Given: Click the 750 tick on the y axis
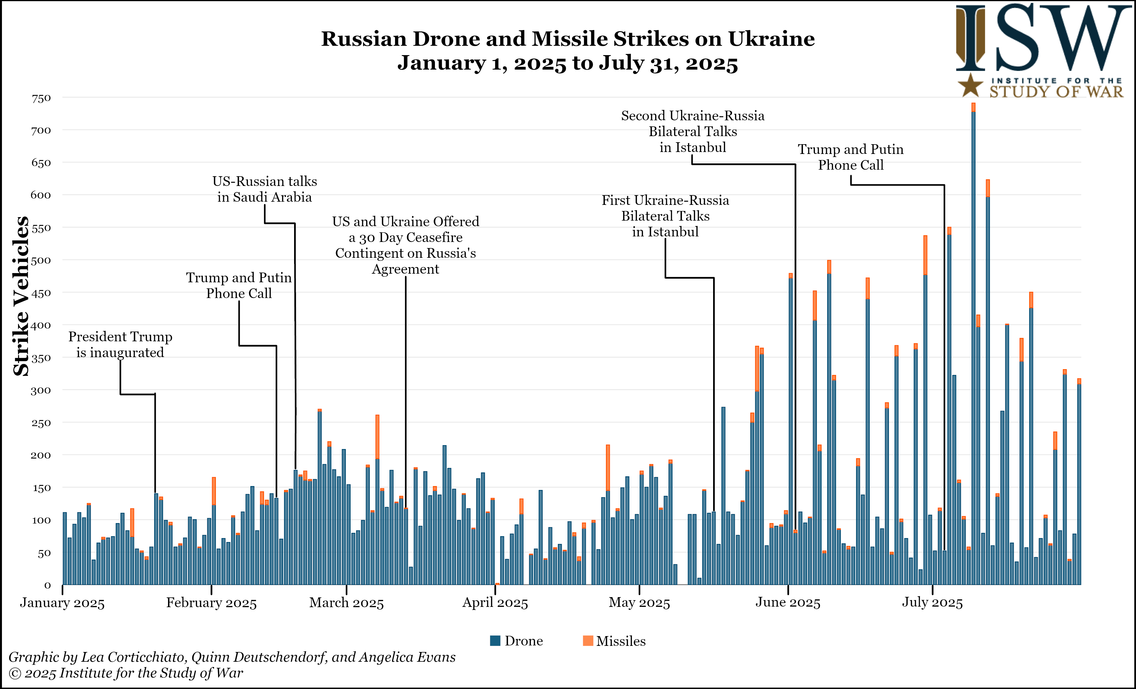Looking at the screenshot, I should (x=41, y=98).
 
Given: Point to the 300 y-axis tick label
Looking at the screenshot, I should (x=41, y=391).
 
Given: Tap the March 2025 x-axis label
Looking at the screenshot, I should (x=346, y=603).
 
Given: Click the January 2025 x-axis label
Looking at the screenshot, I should (x=62, y=603).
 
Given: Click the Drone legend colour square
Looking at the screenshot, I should (x=495, y=641).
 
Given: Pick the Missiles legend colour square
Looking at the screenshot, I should (x=588, y=641).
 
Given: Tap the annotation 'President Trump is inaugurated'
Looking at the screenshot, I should (x=120, y=345).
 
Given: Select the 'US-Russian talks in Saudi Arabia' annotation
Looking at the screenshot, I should (x=265, y=189).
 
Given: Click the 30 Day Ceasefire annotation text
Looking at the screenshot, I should (x=406, y=245).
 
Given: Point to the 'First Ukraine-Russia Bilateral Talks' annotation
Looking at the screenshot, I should (x=665, y=216).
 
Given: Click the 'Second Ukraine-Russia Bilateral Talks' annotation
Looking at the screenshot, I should (x=693, y=131).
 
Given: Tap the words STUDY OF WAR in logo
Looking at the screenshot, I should (x=1056, y=91).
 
